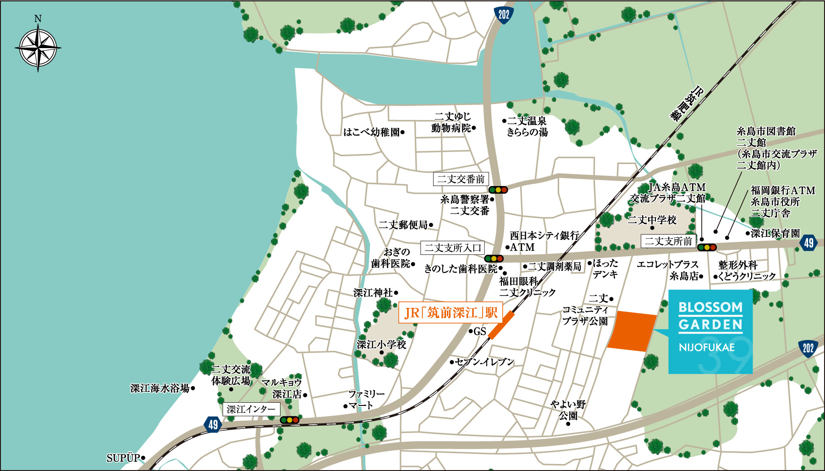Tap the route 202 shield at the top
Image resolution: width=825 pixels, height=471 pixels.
504,15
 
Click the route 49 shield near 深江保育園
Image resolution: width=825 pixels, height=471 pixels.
809,243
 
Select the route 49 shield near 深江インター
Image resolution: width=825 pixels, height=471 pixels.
213,424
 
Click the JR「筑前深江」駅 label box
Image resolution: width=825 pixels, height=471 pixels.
451,313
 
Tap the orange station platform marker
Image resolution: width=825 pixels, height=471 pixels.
501,325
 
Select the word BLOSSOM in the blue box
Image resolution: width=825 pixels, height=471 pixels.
710,307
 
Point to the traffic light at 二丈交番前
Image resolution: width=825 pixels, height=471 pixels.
498,190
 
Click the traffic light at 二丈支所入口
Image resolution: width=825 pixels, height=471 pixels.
494,258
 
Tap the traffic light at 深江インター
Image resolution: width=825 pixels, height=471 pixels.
290,420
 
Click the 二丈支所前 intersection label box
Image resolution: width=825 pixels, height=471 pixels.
668,241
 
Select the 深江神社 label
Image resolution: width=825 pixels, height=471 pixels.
373,293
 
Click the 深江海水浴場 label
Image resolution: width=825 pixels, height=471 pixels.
160,389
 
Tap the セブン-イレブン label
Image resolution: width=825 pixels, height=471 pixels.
484,362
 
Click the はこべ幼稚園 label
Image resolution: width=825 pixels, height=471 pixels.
372,132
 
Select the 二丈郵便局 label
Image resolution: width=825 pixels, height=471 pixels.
403,225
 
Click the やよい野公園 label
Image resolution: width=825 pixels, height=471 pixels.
568,410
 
